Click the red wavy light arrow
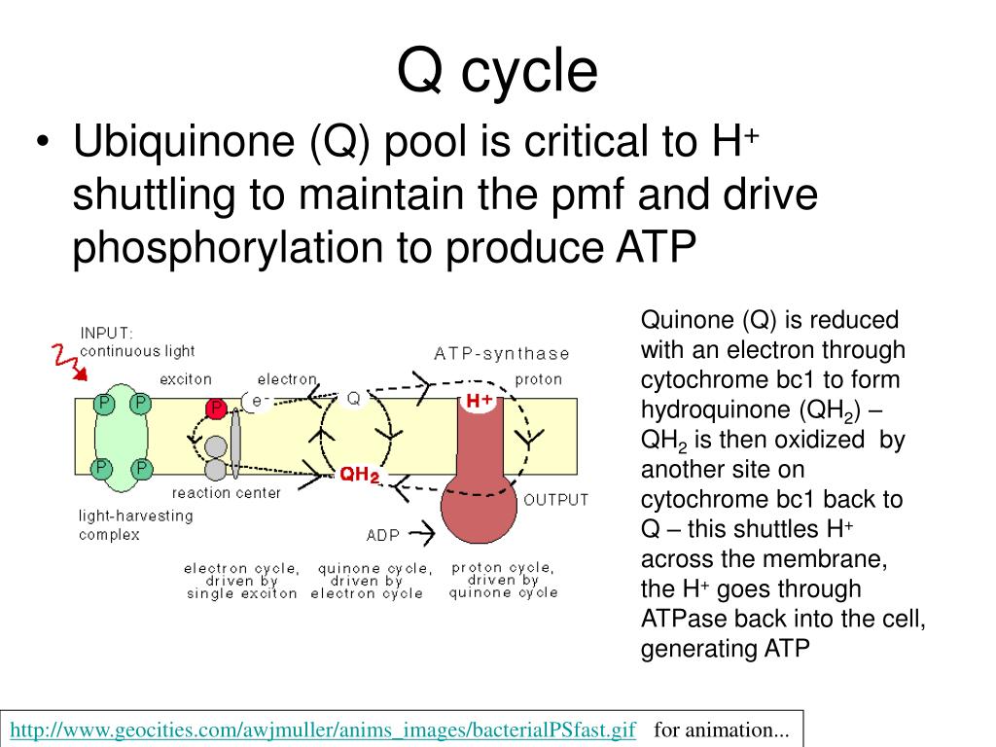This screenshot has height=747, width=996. coord(66,361)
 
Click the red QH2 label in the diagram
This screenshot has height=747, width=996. coord(359,475)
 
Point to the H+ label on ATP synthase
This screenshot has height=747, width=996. coord(479,401)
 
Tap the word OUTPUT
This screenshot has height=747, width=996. coord(555,500)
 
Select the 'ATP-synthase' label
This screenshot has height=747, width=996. coord(501,353)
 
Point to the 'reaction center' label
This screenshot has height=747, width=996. coord(226,493)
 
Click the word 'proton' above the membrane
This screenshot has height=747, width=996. coord(538,378)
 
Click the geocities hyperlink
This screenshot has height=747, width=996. coord(323,729)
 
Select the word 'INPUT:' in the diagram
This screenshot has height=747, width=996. coord(107,333)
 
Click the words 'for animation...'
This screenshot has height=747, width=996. coord(721,729)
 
